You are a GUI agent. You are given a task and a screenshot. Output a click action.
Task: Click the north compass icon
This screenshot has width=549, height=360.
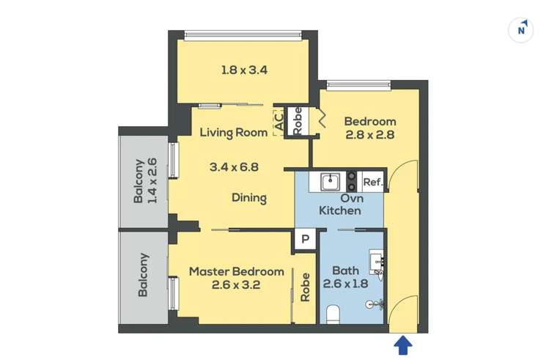coord(521,29)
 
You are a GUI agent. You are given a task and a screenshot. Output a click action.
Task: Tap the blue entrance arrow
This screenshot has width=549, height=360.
coord(404,345)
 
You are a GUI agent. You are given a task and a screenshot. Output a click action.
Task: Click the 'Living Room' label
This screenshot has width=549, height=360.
coord(234,133)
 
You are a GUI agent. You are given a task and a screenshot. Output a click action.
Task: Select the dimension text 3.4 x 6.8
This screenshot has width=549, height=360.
coord(234,166)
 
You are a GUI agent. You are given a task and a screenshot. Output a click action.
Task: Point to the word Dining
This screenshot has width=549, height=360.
coord(248,198)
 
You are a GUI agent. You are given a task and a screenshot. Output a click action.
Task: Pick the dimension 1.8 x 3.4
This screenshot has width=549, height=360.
coord(245,70)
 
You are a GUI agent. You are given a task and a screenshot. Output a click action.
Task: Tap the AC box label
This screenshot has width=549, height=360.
coord(279,121)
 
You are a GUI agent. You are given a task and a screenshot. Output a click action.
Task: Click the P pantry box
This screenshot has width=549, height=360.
coord(305,238)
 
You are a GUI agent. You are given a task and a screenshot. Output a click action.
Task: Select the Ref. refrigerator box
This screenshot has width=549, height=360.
coord(372,181)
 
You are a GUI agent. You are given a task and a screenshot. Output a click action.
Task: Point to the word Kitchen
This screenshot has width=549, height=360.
coord(339,211)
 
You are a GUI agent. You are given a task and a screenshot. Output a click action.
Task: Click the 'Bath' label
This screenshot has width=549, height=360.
coord(345,270)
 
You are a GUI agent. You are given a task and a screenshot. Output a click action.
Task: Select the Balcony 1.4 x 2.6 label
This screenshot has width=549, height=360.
coord(144,180)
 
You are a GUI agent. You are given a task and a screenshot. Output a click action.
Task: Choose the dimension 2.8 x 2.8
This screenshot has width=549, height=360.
coord(370,134)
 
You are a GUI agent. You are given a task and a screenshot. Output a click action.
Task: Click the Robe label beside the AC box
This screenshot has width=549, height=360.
coord(298,121)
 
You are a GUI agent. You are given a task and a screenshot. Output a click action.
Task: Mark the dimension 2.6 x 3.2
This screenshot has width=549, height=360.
coord(237,284)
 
